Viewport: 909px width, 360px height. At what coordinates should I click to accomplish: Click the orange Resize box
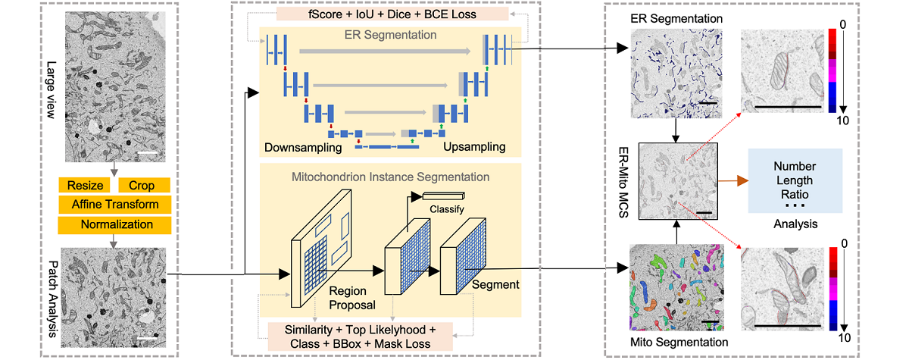[85, 185]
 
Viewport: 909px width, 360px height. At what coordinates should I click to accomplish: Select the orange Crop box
[143, 185]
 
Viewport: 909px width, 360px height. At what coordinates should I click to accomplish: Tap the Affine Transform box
[114, 205]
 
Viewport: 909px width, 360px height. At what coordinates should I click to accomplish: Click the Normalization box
[114, 224]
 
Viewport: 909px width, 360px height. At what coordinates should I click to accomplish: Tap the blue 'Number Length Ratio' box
[794, 181]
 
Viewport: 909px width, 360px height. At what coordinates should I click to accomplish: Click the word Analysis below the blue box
[795, 224]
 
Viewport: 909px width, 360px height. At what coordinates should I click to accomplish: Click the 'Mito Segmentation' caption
[679, 343]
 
